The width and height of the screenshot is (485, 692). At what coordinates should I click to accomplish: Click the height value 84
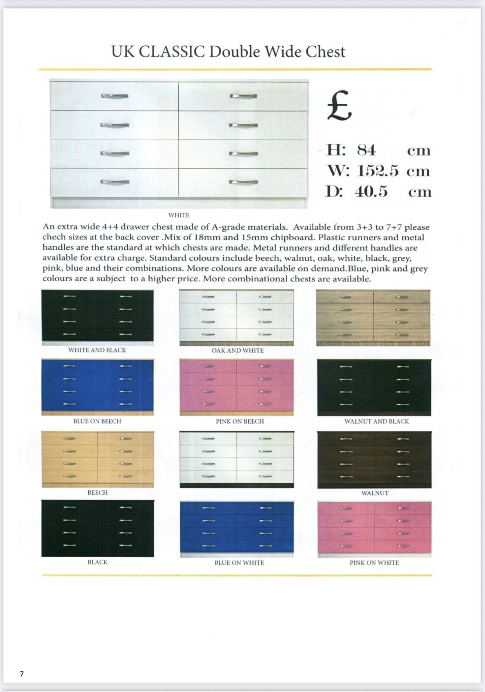366,150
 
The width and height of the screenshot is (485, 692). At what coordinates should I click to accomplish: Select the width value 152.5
378,171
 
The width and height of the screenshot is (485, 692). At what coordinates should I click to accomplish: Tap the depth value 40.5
371,192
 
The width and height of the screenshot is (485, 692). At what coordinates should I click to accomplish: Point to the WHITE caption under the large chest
178,215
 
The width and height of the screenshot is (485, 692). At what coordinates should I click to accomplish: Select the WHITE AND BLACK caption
97,350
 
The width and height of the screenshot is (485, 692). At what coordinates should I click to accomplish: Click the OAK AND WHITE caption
237,351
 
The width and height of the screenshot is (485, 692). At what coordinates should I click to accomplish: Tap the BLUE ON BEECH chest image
98,387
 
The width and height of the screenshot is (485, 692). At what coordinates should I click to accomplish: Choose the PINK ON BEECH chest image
236,388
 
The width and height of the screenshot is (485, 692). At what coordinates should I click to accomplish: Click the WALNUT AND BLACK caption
376,422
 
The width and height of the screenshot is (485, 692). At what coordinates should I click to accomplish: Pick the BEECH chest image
98,459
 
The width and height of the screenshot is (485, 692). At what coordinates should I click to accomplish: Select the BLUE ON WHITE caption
239,563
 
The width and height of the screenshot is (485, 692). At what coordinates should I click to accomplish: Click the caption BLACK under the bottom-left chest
97,562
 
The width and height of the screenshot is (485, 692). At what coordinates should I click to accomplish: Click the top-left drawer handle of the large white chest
115,96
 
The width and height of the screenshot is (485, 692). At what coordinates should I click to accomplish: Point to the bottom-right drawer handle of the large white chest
243,182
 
